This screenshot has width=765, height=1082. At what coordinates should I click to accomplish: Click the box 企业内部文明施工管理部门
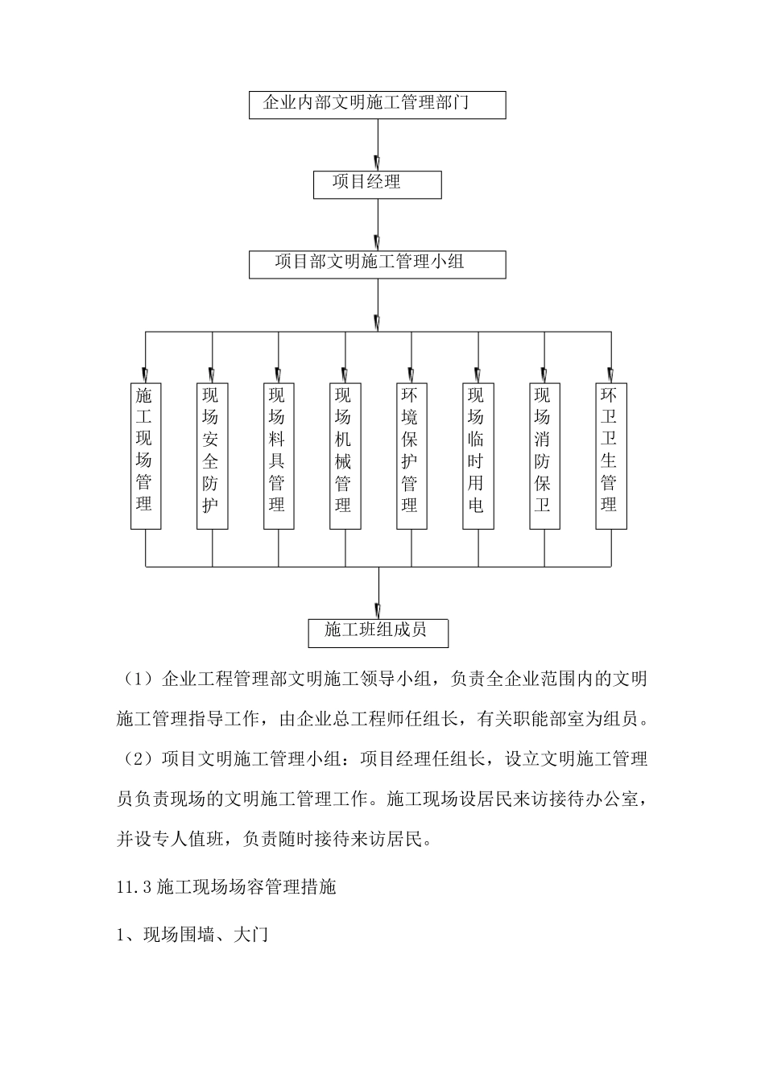(377, 105)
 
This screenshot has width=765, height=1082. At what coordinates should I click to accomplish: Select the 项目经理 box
(377, 184)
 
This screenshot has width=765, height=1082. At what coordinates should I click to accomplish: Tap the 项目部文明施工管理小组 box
(377, 264)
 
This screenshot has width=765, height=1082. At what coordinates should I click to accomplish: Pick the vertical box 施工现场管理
(146, 456)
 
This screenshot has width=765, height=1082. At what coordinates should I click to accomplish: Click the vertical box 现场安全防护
(213, 456)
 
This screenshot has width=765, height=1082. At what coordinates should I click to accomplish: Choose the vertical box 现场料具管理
(279, 456)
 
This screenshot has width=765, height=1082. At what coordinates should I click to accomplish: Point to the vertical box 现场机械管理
(345, 456)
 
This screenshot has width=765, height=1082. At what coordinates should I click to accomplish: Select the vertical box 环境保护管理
(411, 456)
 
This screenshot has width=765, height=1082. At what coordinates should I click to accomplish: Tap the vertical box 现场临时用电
(478, 456)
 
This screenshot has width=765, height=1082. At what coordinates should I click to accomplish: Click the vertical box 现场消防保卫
(544, 456)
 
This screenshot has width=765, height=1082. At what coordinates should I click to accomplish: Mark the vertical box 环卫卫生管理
(611, 456)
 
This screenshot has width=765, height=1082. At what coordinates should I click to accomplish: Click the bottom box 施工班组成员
(378, 633)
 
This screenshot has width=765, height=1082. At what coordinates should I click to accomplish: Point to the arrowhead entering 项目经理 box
(378, 163)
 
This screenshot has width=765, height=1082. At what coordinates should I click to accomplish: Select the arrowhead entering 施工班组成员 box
(378, 611)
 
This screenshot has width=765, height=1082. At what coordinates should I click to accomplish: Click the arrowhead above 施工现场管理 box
(146, 376)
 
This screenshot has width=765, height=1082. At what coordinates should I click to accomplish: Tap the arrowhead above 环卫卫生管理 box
(611, 376)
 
